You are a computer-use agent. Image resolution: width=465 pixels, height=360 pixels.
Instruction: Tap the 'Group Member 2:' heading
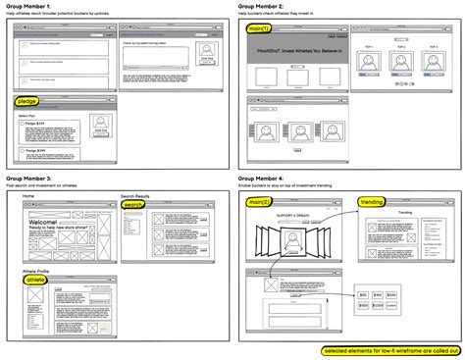[262, 6]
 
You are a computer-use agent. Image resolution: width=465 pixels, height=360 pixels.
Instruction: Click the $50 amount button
[364, 294]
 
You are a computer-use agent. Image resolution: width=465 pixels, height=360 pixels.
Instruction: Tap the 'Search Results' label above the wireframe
[136, 196]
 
